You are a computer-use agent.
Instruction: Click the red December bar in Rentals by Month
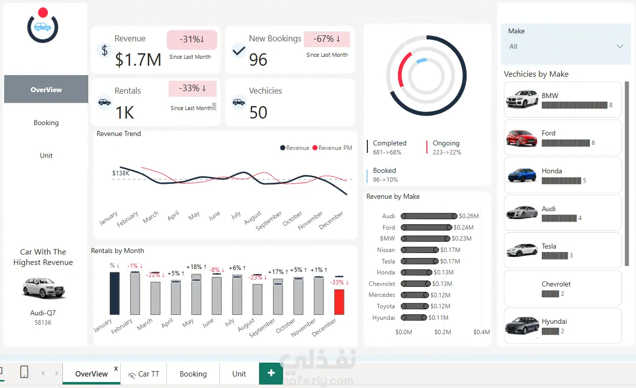[339, 302]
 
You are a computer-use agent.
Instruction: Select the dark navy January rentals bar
[115, 293]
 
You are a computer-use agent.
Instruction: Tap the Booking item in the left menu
[46, 123]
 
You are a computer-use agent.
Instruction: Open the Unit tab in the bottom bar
[239, 374]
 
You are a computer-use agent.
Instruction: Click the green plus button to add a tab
[271, 373]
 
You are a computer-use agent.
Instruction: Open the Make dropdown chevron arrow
[620, 46]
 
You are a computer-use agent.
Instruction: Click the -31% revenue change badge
[192, 39]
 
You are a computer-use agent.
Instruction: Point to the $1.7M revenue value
[138, 60]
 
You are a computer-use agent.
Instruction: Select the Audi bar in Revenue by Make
[429, 216]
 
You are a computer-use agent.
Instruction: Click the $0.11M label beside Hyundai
[439, 318]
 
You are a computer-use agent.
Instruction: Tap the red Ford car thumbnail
[522, 137]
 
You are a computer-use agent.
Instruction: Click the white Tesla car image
[522, 250]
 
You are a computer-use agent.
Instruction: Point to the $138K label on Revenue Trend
[121, 173]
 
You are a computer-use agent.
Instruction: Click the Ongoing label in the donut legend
[446, 143]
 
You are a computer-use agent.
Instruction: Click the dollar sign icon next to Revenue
[104, 50]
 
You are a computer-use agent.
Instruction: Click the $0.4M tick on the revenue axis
[481, 332]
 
